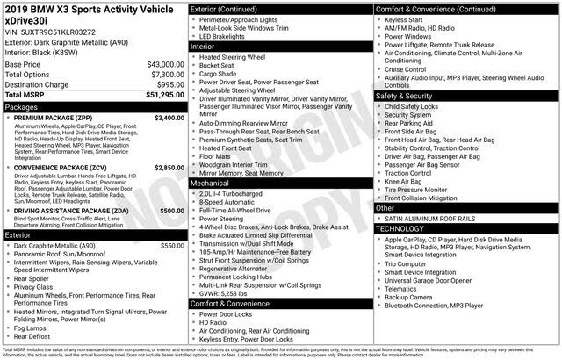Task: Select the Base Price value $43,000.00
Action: (x=165, y=65)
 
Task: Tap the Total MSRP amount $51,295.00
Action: (x=163, y=94)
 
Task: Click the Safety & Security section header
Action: (x=404, y=96)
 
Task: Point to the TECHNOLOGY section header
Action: (x=400, y=228)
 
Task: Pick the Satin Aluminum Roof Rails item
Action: (x=430, y=219)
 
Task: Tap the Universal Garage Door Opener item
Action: (x=430, y=280)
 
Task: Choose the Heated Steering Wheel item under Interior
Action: (x=232, y=57)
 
